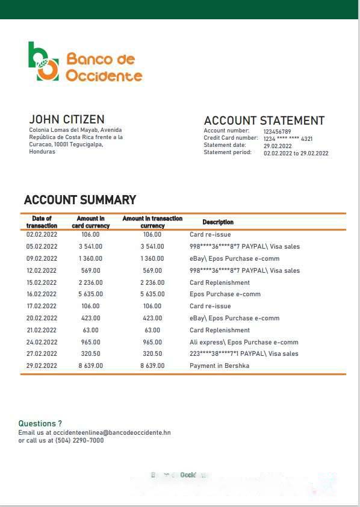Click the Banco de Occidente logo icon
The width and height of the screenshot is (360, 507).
[43, 61]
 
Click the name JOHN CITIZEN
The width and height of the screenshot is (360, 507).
[67, 119]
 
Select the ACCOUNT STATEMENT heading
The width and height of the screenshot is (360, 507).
[264, 120]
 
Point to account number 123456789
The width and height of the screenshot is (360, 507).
[277, 131]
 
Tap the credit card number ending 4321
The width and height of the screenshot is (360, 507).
[288, 138]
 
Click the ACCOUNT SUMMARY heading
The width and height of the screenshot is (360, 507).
[80, 200]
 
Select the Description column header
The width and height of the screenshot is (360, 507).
[218, 222]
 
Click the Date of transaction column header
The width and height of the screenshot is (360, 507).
[42, 222]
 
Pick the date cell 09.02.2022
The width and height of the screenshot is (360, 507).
[42, 258]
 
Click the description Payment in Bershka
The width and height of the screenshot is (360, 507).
[219, 365]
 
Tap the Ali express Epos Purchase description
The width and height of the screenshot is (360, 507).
[244, 342]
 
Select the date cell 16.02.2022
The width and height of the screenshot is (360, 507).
[42, 294]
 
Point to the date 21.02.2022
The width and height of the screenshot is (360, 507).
[42, 330]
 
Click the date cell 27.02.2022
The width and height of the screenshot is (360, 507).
[42, 354]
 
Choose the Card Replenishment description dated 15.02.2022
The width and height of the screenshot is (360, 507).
[220, 282]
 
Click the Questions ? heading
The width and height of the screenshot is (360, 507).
[40, 424]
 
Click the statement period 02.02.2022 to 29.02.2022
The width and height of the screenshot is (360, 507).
[296, 153]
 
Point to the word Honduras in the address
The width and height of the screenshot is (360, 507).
[42, 152]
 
